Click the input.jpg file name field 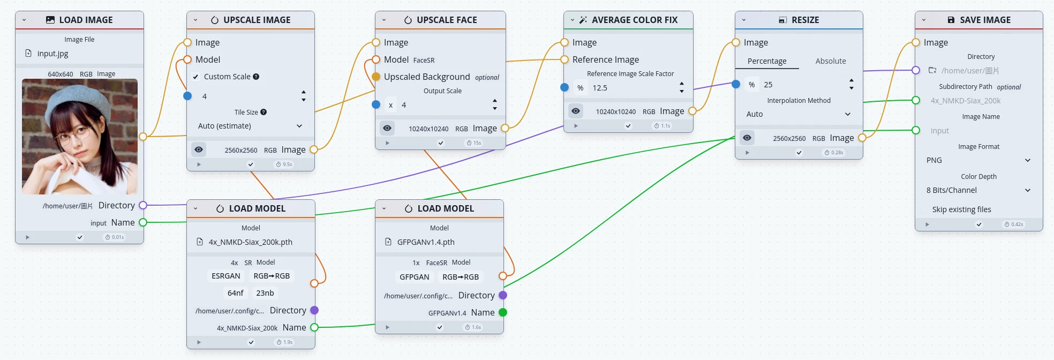coord(53,54)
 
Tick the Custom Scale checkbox coord(195,77)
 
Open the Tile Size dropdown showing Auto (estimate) coord(250,126)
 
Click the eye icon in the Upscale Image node coord(199,149)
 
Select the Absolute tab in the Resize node coord(831,61)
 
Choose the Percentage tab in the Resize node coord(767,61)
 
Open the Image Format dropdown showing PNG coord(978,160)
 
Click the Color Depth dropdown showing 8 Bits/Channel coord(978,190)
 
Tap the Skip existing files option coord(961,209)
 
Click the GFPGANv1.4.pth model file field coord(426,242)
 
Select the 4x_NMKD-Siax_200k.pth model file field coord(250,242)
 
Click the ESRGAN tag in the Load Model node coord(225,276)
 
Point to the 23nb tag coord(265,293)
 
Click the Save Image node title coord(985,20)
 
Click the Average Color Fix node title coord(634,20)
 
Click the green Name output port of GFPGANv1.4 coord(502,312)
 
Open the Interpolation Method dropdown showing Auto coord(798,114)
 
